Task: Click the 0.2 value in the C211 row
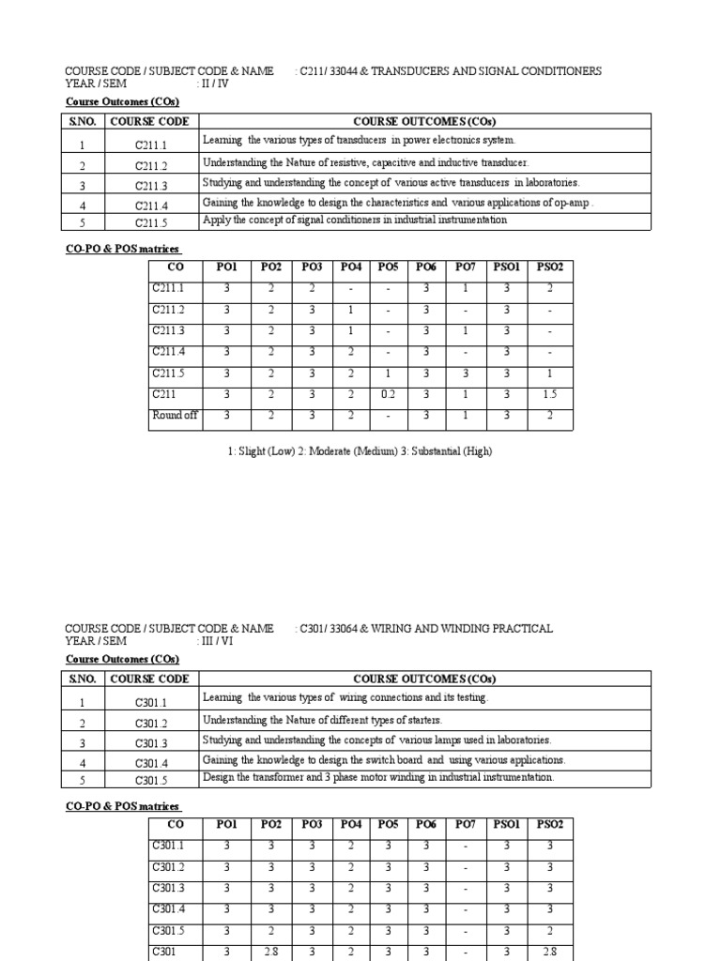388,395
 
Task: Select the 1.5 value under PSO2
549,395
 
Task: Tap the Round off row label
175,416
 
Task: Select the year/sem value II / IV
214,84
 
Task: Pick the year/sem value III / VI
216,641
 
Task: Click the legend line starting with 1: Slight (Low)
360,451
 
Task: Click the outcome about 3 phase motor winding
377,777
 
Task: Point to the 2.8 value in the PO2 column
271,952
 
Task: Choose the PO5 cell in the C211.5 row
388,374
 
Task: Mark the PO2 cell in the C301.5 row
271,931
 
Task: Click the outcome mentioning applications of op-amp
398,202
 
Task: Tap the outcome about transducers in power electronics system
359,140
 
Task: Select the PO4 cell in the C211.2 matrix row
349,310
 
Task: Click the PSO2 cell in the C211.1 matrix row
549,289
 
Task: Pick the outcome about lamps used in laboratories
376,740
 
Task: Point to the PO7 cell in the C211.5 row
466,374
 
